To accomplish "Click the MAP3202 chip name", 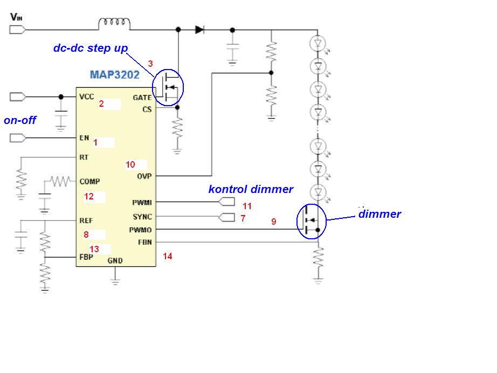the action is click(115, 74).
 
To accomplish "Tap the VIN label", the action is click(16, 17).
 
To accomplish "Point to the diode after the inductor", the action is click(199, 30).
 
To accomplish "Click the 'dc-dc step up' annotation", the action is click(91, 48).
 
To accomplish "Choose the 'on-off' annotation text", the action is click(20, 120).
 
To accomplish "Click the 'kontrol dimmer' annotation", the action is click(251, 189).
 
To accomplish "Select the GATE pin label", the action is click(142, 98).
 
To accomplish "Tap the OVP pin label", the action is click(144, 176).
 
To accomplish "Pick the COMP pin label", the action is click(89, 182).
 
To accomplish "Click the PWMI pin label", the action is click(142, 203).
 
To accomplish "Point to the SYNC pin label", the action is click(142, 217).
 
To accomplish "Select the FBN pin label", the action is click(145, 243).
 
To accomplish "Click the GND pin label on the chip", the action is click(115, 261).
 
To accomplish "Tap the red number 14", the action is click(167, 256).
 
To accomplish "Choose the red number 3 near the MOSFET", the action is click(150, 64).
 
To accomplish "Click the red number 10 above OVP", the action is click(130, 164).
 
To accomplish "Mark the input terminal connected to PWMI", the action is click(227, 202).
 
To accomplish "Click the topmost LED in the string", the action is click(317, 44).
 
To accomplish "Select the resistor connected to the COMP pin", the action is click(60, 181).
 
